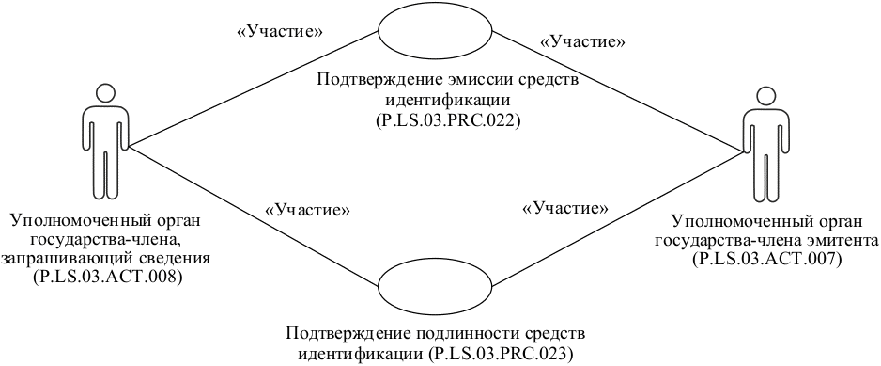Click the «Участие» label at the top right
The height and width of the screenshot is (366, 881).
583,41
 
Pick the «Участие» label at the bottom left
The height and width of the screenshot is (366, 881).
309,209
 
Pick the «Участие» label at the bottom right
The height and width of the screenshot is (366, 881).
564,207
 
